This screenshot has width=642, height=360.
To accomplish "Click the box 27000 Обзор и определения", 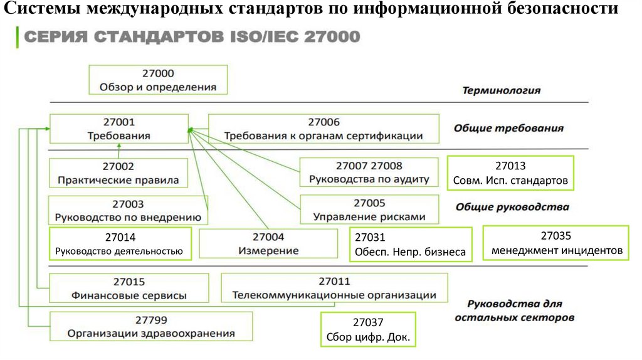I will [158, 80].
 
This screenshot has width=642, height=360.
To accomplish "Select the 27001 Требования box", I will [118, 129].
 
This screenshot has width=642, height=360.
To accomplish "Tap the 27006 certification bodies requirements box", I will [323, 129].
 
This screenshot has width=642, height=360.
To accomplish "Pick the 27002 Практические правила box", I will [118, 173].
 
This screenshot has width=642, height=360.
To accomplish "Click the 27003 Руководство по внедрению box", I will [128, 211].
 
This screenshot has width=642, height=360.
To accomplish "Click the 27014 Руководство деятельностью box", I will [120, 245].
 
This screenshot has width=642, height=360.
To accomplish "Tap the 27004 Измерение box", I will [268, 244].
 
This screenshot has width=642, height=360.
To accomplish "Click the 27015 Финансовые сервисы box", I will [128, 289].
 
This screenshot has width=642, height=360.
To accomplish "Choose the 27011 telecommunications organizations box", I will [334, 289].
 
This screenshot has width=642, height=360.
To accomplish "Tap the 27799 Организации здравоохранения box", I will [151, 326].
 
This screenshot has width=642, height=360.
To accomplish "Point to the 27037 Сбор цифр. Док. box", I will [368, 330].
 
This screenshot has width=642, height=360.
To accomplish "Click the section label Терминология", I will [501, 90].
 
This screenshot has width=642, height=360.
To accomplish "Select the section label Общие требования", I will [508, 129].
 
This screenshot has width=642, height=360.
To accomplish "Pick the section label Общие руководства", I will [512, 206].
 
